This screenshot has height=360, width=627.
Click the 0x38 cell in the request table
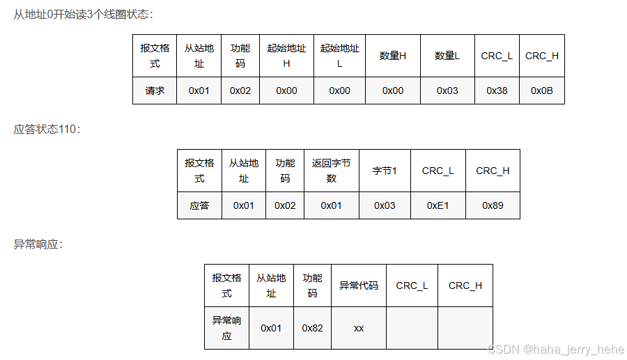[x=497, y=91]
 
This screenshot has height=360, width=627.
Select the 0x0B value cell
[x=541, y=91]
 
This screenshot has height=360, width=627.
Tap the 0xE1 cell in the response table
[x=438, y=205]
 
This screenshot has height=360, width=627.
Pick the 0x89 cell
[x=493, y=205]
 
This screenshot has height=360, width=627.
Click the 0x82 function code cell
[x=312, y=327]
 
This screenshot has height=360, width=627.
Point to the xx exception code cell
[x=358, y=327]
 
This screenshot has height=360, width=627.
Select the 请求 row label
[x=155, y=91]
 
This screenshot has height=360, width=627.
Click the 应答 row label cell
[x=199, y=205]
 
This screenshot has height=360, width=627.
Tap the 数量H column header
[x=392, y=56]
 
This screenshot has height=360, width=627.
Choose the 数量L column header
[x=447, y=56]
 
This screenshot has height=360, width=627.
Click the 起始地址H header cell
[x=286, y=56]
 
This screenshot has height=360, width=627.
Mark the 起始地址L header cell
[x=339, y=56]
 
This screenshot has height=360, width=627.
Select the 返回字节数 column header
[x=331, y=171]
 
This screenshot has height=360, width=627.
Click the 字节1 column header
[x=385, y=171]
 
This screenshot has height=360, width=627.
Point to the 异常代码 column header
[x=358, y=285]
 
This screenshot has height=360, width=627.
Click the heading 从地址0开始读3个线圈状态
[x=84, y=14]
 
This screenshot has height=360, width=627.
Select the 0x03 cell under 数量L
[x=447, y=91]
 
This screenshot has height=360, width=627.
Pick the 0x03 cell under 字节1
[x=385, y=205]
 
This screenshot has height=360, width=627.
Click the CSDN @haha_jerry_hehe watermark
[x=556, y=349]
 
